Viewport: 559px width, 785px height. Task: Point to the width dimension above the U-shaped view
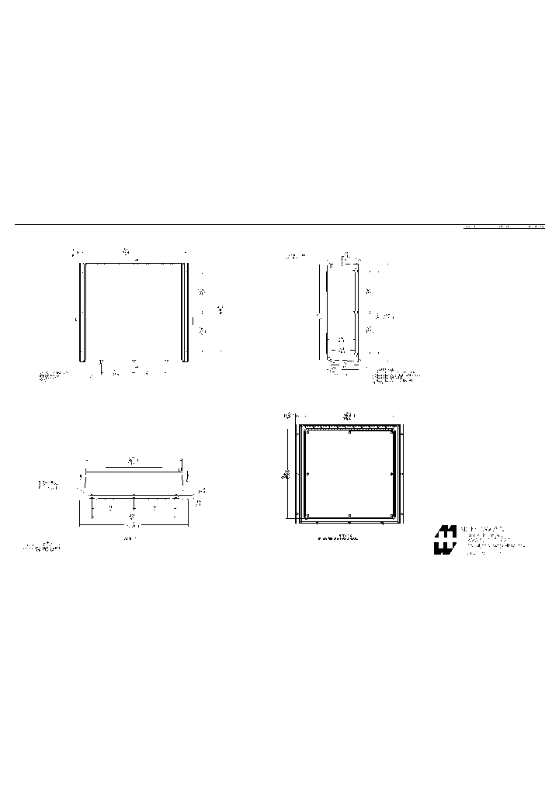coord(126,252)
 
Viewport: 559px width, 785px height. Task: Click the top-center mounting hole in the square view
coord(350,432)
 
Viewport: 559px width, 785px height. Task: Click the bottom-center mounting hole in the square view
coord(350,515)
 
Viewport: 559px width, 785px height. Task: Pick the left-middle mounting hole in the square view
coord(308,474)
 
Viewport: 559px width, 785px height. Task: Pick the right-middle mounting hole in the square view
coord(392,474)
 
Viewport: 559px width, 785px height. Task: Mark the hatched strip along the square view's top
coord(350,427)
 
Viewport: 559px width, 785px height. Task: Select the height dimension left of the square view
coord(286,474)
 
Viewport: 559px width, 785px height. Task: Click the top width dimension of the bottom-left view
coord(133,462)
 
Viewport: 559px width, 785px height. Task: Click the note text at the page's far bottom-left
coord(42,548)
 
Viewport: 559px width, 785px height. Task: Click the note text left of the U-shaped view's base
coord(53,376)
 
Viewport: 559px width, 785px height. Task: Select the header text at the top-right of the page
coord(505,228)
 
